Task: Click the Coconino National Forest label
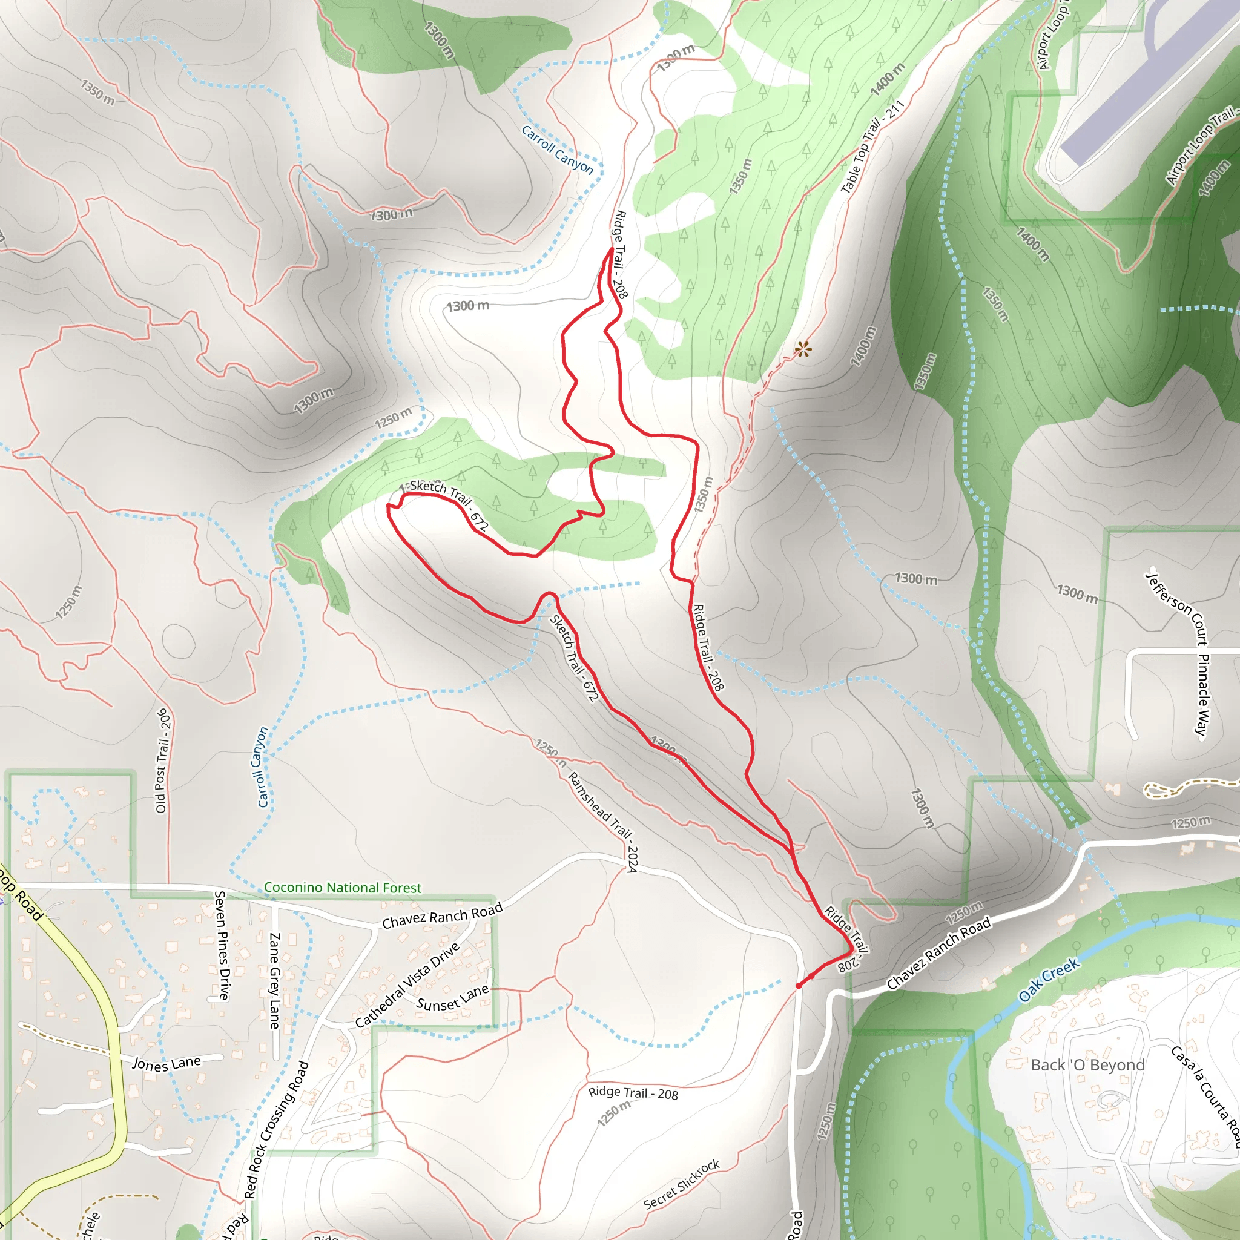[343, 888]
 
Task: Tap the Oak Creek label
[1049, 980]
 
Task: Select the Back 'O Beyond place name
[1087, 1065]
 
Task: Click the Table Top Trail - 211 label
[872, 147]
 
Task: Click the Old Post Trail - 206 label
[163, 760]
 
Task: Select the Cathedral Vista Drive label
[407, 984]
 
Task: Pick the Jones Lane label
[167, 1063]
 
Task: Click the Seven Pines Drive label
[222, 945]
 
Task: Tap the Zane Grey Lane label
[274, 980]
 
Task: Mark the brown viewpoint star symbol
[803, 350]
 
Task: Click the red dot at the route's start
[799, 986]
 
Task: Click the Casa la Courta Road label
[1205, 1098]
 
